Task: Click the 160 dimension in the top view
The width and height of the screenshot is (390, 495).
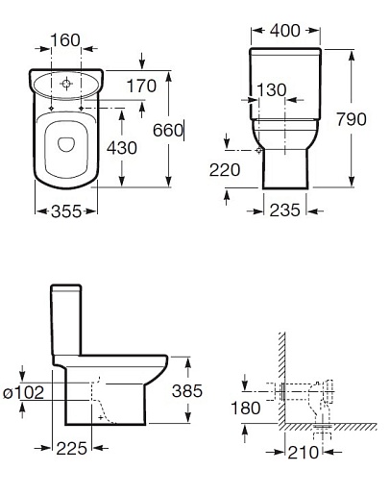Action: click(65, 40)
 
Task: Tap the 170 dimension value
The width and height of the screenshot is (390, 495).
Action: click(141, 86)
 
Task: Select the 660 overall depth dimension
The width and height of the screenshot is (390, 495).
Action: click(168, 130)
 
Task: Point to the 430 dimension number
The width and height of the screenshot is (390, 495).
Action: click(122, 148)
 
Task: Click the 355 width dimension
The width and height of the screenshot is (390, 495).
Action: click(66, 211)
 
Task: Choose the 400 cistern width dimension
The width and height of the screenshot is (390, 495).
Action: click(285, 31)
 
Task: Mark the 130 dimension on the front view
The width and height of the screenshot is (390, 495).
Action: click(272, 90)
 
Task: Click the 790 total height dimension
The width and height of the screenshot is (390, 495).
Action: click(352, 119)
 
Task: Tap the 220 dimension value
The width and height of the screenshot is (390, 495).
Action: click(225, 170)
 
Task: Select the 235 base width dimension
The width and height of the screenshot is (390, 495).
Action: click(284, 210)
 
